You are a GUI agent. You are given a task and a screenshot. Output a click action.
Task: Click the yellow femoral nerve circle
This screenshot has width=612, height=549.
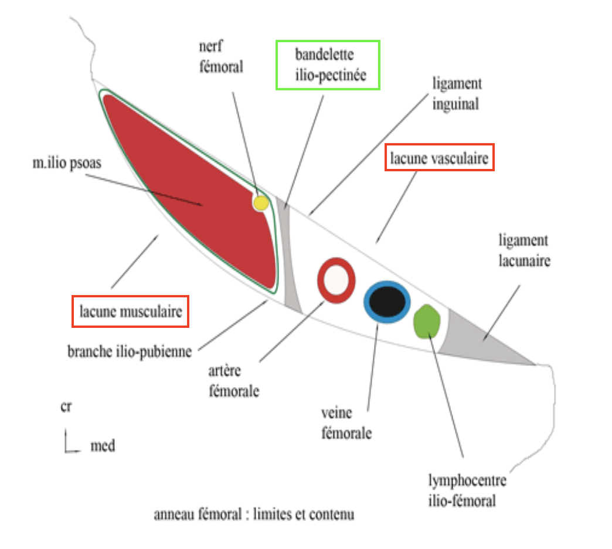click(x=260, y=203)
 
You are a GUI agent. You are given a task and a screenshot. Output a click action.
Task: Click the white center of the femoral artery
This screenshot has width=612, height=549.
click(x=336, y=281)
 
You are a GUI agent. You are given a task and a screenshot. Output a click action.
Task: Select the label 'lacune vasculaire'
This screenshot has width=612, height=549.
click(x=438, y=158)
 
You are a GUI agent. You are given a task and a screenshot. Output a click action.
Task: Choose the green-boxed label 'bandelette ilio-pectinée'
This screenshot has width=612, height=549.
click(x=328, y=65)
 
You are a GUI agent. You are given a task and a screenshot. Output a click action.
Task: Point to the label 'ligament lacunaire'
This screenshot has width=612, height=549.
click(x=524, y=250)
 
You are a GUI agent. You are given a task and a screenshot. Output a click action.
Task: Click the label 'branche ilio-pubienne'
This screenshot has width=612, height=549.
click(x=130, y=353)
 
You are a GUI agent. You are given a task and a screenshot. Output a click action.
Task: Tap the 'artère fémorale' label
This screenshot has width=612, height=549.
click(x=234, y=381)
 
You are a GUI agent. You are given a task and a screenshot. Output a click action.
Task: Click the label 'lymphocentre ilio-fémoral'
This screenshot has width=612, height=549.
click(x=467, y=491)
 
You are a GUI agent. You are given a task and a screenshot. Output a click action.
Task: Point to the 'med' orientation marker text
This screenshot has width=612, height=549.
click(x=103, y=446)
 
